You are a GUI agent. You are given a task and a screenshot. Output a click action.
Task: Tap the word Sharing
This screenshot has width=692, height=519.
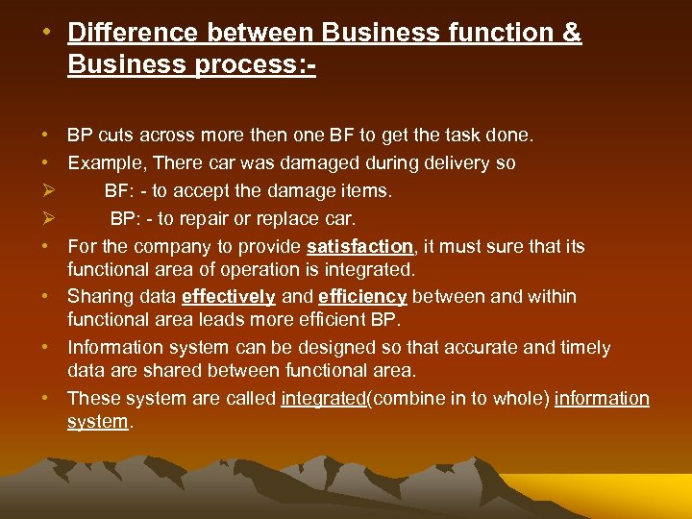click(x=100, y=297)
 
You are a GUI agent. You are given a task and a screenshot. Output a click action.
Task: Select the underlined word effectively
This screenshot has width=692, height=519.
click(x=228, y=297)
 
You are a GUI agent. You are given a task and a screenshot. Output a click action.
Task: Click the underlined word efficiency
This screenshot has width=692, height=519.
click(x=361, y=297)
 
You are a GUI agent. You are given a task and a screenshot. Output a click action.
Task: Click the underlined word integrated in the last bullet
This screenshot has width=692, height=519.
click(x=323, y=398)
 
